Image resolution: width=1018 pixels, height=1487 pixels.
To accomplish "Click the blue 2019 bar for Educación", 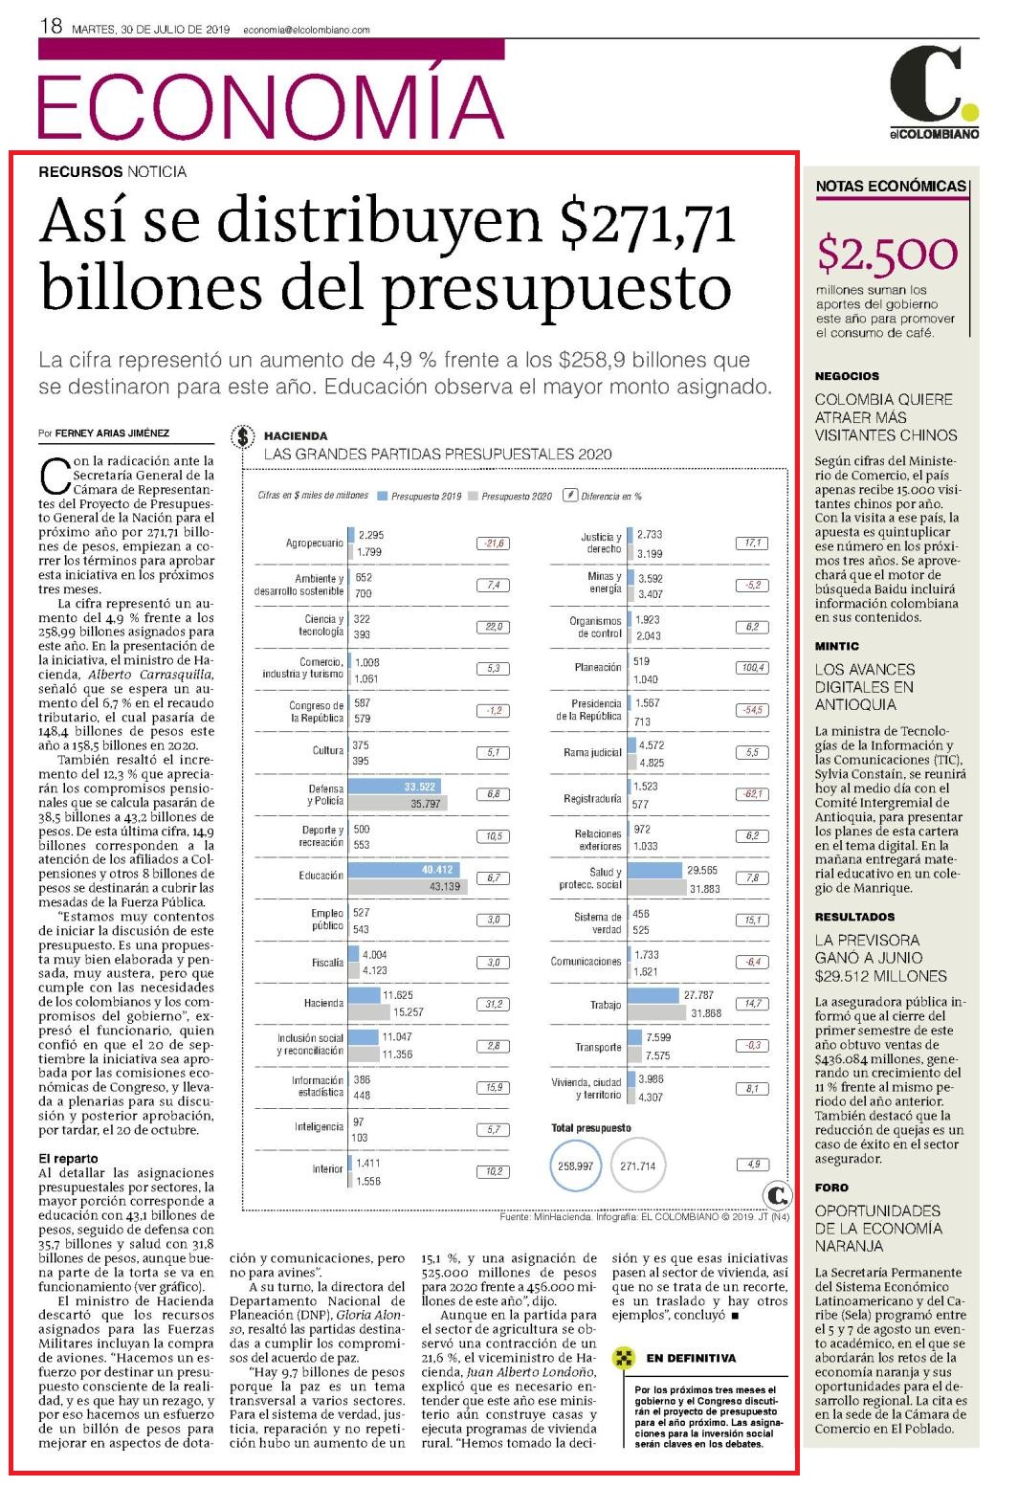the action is (x=404, y=869).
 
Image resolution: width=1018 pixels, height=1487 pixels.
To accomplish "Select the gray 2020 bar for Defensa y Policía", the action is (x=397, y=803).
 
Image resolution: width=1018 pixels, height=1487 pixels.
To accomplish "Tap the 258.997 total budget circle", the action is (x=575, y=1165).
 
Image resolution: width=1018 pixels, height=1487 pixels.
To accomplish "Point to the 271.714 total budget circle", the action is (x=638, y=1165).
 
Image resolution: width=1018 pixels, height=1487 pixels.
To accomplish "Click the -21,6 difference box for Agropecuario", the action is (x=493, y=543).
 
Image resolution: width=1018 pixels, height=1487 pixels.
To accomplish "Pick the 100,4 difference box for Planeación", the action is (x=753, y=667).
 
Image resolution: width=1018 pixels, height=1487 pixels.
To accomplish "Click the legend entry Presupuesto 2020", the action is (x=510, y=496).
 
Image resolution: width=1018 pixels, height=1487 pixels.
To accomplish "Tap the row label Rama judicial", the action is (x=592, y=752).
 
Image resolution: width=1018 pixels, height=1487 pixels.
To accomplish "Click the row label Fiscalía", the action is (x=328, y=962).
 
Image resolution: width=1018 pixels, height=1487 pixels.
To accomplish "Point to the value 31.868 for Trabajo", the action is (x=706, y=1013).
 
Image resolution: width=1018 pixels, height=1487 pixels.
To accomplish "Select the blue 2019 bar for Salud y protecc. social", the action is (x=654, y=870).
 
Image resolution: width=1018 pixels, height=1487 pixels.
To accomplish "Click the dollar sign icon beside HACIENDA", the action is (x=243, y=436).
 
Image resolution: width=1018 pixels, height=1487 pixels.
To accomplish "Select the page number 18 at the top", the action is (x=51, y=26).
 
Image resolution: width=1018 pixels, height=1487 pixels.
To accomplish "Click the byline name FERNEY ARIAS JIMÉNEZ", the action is (x=112, y=433).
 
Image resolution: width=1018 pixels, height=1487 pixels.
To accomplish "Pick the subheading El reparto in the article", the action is (x=68, y=1158).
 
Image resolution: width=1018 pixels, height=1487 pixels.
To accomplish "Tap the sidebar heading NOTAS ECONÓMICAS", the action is (x=891, y=187).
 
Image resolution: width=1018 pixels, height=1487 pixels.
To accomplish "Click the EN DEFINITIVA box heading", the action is (x=691, y=1358).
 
